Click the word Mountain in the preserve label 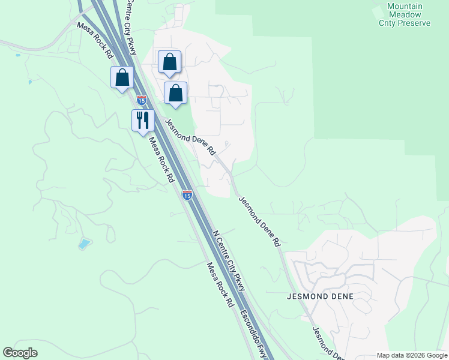(x=405, y=6)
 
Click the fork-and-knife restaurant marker (x=143, y=120)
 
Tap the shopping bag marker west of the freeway (x=122, y=77)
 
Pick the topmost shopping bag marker (x=169, y=62)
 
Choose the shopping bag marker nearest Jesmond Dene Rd (x=175, y=93)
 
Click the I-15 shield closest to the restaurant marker (x=142, y=99)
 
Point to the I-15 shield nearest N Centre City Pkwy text (x=187, y=195)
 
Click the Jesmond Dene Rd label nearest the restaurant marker (x=190, y=137)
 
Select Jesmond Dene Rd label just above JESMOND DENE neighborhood (x=259, y=221)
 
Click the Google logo (x=20, y=353)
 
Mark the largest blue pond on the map (x=85, y=244)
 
